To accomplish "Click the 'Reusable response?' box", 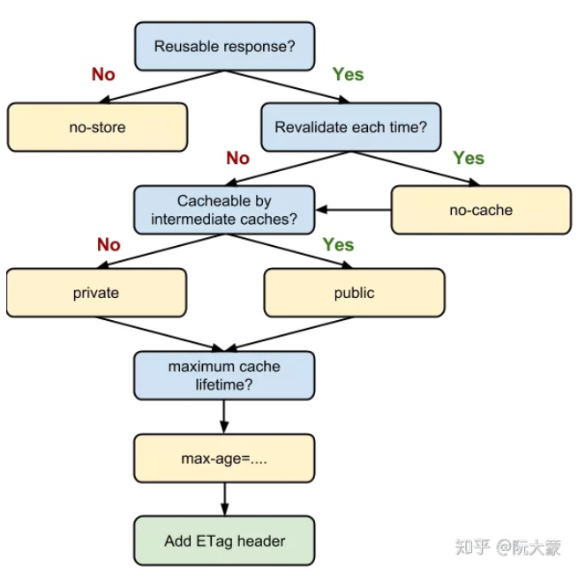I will (x=224, y=46).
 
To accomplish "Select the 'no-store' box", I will (x=97, y=127).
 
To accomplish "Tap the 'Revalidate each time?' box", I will (x=350, y=127).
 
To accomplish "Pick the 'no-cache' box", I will (x=480, y=210).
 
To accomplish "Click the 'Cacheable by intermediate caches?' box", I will (x=224, y=210).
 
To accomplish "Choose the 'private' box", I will (x=96, y=293).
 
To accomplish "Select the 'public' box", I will (x=354, y=293).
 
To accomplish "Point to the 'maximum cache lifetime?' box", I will (x=224, y=376).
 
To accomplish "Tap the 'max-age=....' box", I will (x=224, y=458).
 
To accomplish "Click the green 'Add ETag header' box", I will (x=224, y=540).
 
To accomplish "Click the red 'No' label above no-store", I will (x=103, y=75).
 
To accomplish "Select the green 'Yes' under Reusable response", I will (x=348, y=75).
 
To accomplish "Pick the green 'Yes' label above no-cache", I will (x=469, y=159).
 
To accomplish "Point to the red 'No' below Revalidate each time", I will (x=238, y=159).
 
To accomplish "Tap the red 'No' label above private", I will (x=109, y=245).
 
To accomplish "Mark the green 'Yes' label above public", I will (x=338, y=245).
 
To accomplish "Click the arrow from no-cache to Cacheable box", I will (x=353, y=210).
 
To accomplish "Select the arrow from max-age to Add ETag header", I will (x=224, y=500).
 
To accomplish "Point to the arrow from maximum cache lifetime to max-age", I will (x=224, y=416).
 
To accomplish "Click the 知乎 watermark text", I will (x=472, y=546).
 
